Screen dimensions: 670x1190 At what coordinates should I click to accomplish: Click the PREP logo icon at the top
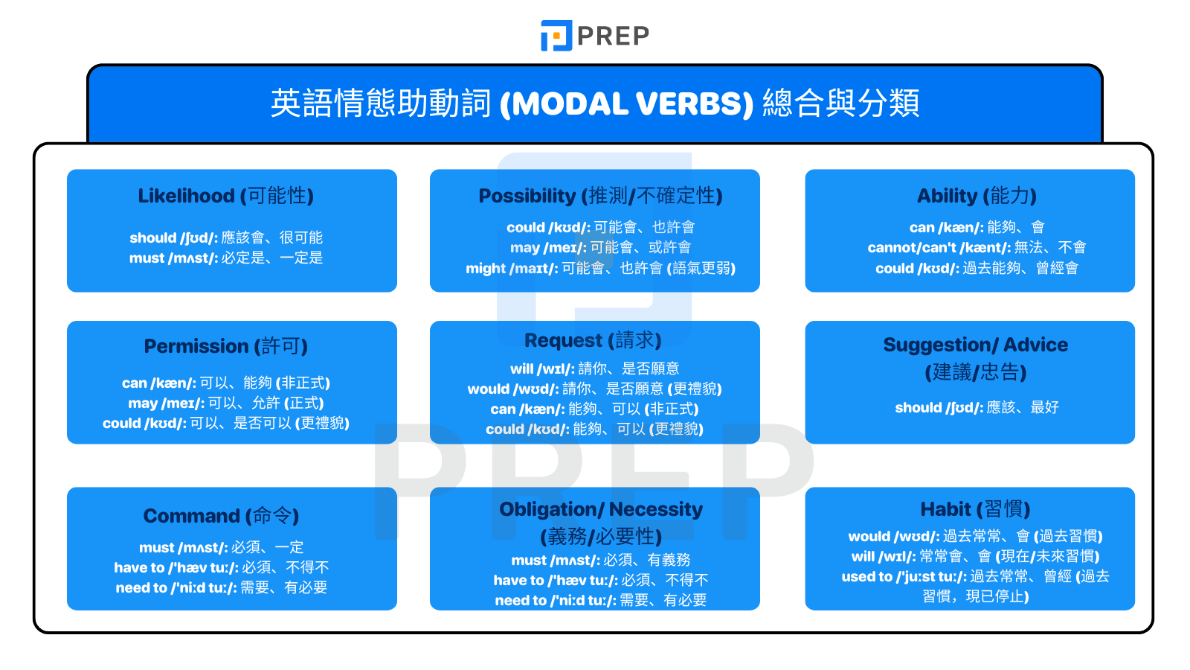(x=556, y=36)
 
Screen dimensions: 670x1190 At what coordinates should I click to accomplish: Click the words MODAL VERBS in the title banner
(x=626, y=104)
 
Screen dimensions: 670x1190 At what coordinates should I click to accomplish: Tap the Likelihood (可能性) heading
(x=225, y=196)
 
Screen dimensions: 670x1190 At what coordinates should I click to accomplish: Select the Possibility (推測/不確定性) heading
(x=600, y=196)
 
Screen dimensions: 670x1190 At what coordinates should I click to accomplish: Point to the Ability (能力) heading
(x=976, y=196)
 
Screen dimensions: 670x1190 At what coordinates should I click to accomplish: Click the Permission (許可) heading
(x=225, y=346)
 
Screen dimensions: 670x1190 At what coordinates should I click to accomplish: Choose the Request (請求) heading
(x=593, y=340)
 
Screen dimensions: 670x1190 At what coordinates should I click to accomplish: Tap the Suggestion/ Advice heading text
(x=975, y=345)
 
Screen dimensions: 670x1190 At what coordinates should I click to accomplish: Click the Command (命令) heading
(x=221, y=516)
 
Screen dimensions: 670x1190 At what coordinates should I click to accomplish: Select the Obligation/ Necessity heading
(x=600, y=509)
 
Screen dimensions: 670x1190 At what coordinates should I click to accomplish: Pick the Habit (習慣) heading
(x=975, y=509)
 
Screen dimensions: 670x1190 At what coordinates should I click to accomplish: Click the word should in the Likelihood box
(x=152, y=238)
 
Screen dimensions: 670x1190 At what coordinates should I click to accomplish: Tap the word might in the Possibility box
(x=486, y=269)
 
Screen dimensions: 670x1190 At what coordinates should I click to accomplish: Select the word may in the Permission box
(x=143, y=403)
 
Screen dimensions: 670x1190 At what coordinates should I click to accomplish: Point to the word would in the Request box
(x=488, y=389)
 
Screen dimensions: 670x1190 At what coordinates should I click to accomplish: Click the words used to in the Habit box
(x=866, y=577)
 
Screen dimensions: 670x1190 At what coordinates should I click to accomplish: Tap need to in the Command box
(x=141, y=588)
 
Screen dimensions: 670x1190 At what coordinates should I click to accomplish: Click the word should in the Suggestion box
(x=918, y=408)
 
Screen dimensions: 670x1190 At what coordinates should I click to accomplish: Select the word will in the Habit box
(x=863, y=557)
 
